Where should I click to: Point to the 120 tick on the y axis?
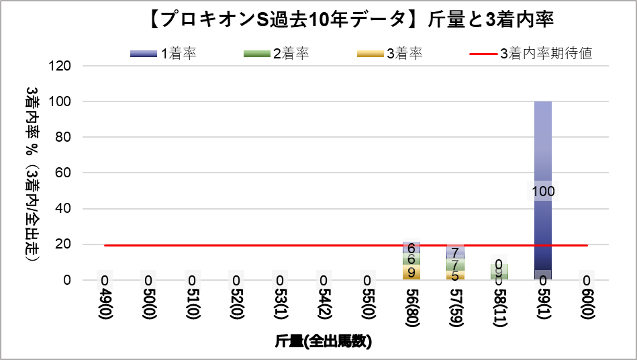pos(60,66)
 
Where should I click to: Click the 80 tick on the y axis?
pos(64,137)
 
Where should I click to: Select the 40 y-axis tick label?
pos(64,209)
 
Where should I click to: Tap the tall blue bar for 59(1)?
pos(542,148)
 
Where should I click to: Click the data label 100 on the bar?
pos(542,191)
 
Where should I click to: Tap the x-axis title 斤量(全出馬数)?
pos(324,342)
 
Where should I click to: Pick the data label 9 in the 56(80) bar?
pos(411,273)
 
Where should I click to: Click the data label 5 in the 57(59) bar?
pos(455,275)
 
